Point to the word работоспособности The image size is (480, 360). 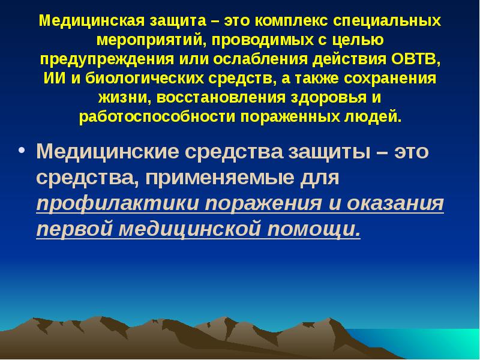[158, 116]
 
